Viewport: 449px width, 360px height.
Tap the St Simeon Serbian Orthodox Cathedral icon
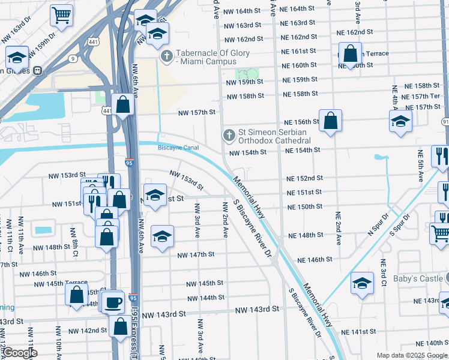pos(228,136)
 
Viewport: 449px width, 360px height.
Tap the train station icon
pos(38,70)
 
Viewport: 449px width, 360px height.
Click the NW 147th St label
pos(196,254)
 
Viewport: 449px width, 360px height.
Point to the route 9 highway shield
pos(72,59)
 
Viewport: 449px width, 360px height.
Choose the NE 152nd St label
pos(304,178)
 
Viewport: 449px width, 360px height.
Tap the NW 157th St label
pos(196,112)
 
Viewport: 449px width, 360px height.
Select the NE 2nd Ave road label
pos(339,229)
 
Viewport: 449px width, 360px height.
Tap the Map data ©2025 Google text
pos(411,355)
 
